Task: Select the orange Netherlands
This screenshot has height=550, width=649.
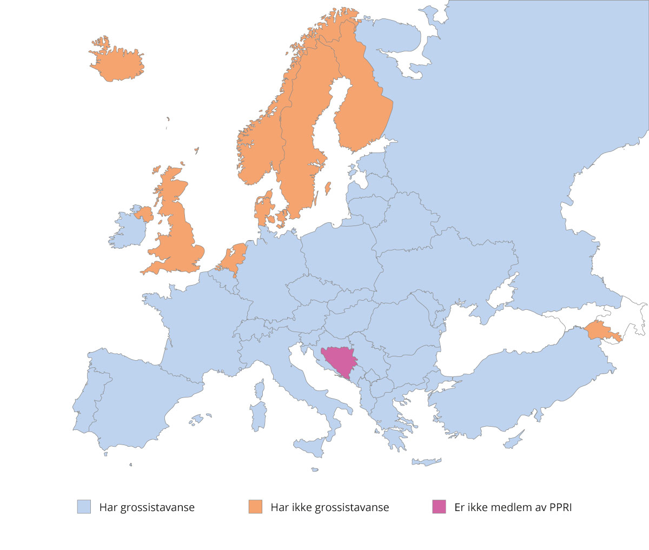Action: [233, 258]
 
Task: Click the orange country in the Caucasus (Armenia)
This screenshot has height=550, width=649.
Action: [599, 330]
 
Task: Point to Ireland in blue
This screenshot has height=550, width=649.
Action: [129, 230]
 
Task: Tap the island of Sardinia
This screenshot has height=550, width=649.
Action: [259, 415]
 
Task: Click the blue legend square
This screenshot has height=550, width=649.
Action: [84, 507]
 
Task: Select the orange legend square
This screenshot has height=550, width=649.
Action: [255, 507]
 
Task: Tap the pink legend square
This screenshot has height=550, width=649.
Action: [439, 507]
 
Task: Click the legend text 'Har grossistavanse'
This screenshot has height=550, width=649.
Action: [147, 507]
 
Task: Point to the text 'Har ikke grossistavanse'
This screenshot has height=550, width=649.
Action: [329, 507]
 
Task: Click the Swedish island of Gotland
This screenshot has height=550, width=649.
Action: [327, 188]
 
